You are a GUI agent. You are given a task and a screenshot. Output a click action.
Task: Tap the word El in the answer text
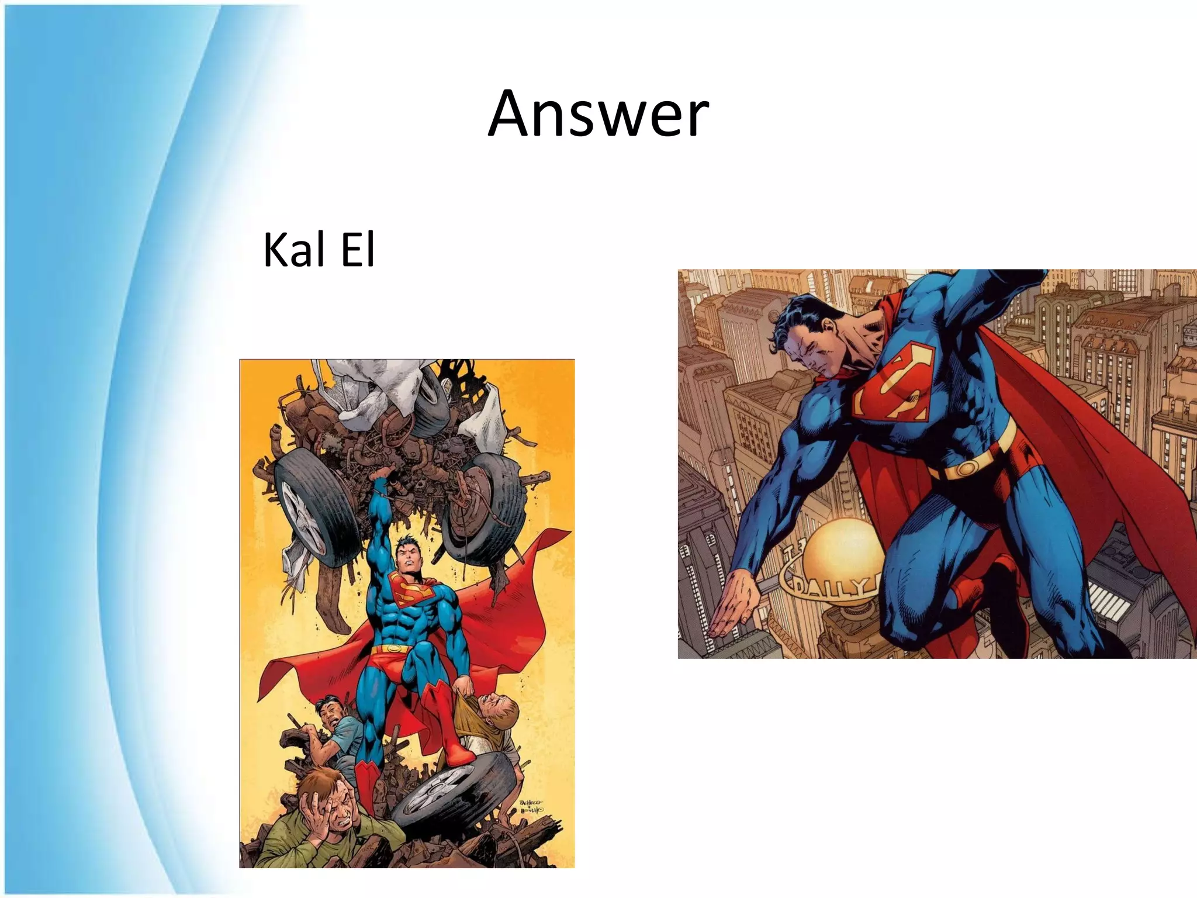pos(358,250)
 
